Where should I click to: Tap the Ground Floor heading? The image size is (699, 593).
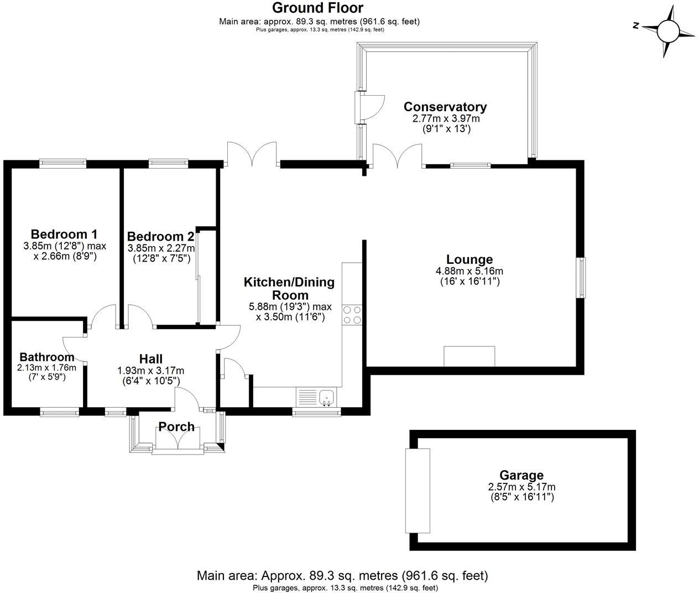318,8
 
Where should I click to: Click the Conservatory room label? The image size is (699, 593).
445,107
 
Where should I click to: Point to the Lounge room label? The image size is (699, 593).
470,259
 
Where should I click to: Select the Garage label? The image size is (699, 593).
521,475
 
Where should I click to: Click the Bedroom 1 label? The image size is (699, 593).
64,234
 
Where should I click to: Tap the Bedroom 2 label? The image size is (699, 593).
160,237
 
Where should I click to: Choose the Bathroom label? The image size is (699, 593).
47,357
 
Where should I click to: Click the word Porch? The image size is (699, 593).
176,426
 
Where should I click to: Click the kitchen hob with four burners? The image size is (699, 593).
352,315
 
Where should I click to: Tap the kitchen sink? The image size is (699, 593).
327,397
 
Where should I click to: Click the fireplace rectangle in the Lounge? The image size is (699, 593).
470,356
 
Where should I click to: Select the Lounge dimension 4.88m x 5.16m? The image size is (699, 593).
470,271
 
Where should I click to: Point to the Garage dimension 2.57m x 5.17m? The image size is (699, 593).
521,487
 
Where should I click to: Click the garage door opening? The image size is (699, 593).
418,490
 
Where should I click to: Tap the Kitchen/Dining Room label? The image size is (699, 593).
289,288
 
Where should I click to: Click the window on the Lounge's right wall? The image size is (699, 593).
581,278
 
